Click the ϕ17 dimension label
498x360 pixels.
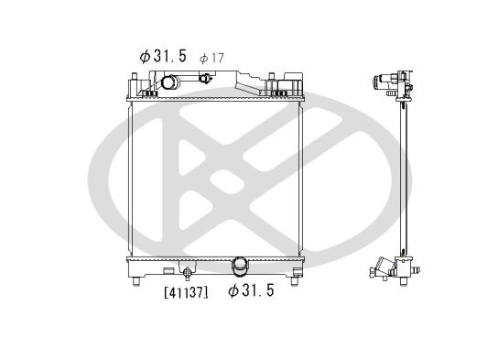click(211, 58)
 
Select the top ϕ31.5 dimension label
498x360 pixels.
click(163, 56)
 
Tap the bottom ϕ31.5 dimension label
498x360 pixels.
click(251, 290)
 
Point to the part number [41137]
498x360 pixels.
click(187, 292)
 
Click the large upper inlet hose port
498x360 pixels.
click(170, 82)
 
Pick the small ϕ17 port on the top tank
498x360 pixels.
click(205, 78)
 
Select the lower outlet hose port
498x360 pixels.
click(240, 267)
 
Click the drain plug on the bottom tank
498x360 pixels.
click(187, 274)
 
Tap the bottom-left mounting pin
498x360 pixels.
click(136, 281)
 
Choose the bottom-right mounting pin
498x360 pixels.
click(295, 281)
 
